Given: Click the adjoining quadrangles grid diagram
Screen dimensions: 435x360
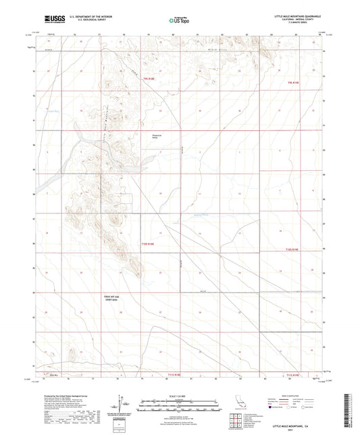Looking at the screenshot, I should [234, 422].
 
